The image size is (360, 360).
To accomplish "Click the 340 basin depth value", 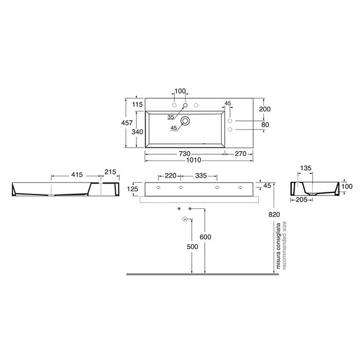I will pyautogui.click(x=137, y=132).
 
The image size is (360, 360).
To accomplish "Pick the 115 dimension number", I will pyautogui.click(x=137, y=105).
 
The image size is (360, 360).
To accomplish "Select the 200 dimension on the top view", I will pyautogui.click(x=265, y=109).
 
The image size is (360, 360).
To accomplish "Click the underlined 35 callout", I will pyautogui.click(x=170, y=117).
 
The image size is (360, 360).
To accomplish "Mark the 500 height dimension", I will pyautogui.click(x=192, y=246).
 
